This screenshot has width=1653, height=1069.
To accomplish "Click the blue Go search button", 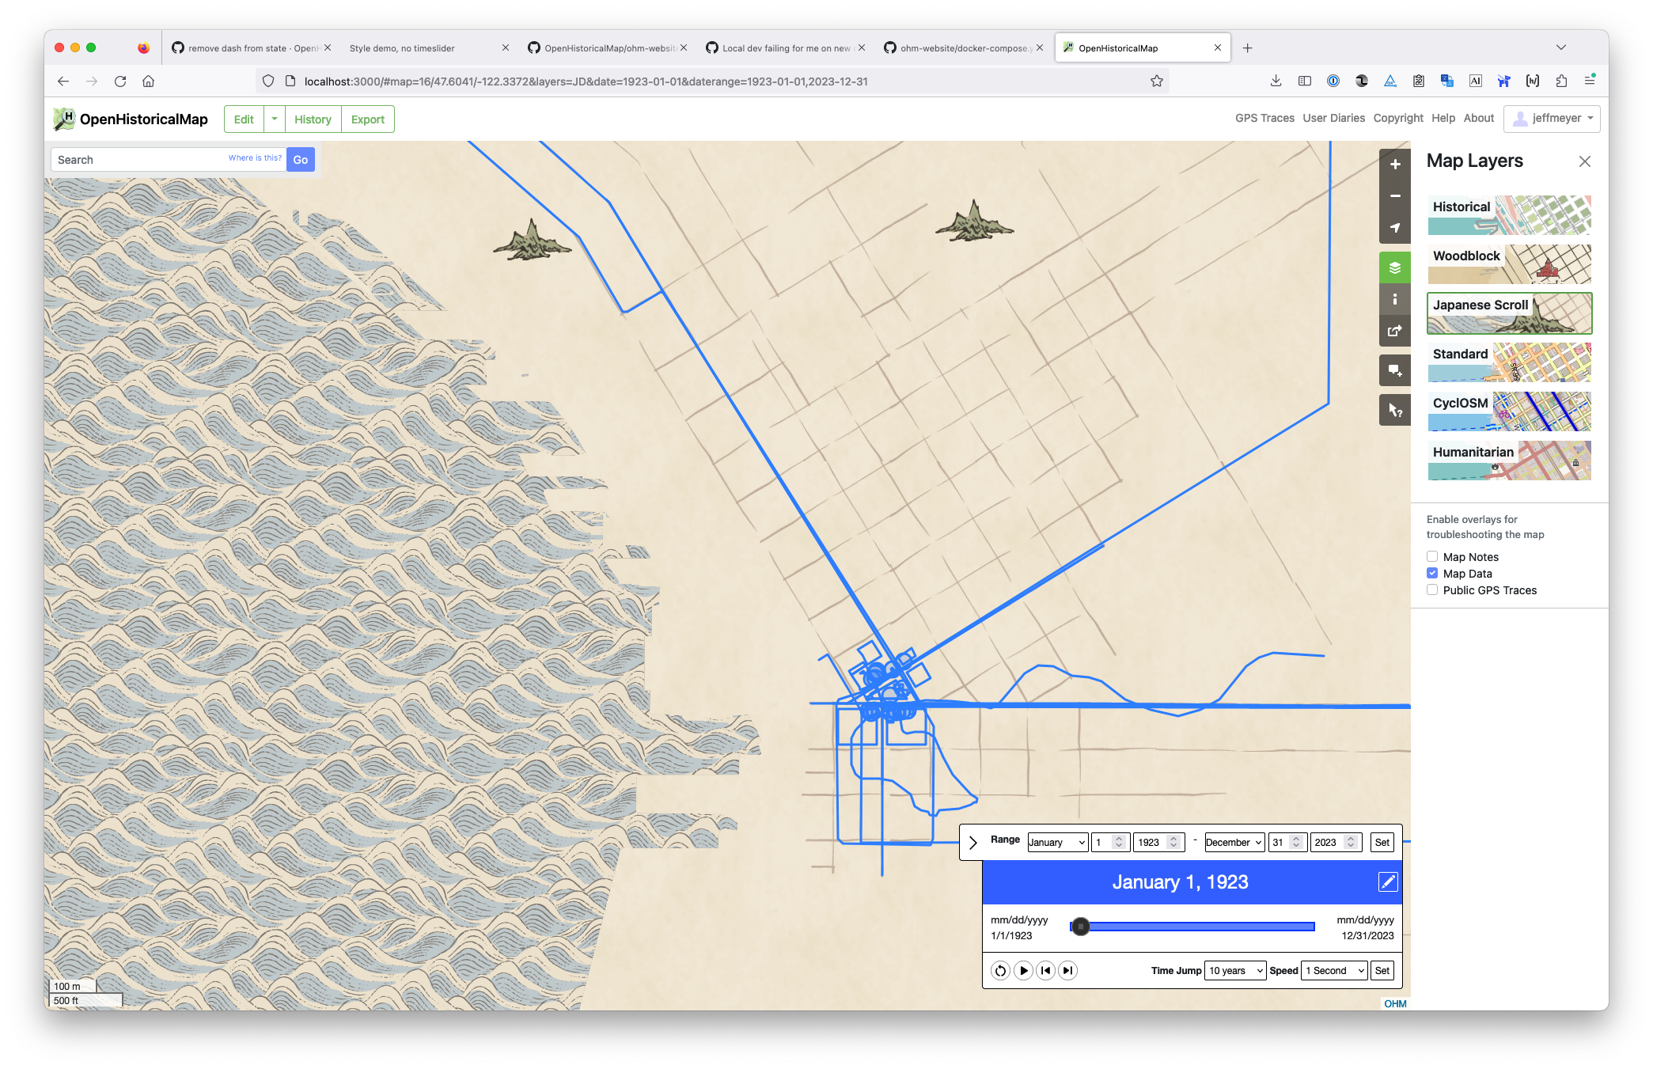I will point(300,160).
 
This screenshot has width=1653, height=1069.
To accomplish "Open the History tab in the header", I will point(313,119).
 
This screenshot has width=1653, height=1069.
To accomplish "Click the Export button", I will point(367,119).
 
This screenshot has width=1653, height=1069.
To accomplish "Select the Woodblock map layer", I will point(1508,264).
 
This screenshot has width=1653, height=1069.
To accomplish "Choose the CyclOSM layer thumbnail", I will point(1508,411).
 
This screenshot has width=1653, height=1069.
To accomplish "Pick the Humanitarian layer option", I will point(1508,461).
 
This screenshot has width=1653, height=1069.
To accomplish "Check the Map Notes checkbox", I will point(1432,557).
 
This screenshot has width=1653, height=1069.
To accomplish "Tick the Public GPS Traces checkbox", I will point(1432,590).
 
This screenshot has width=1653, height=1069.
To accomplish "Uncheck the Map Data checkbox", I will point(1432,574).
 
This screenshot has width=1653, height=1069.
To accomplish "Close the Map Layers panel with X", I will point(1584,161).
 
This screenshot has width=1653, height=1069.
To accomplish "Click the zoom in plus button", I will point(1395,165).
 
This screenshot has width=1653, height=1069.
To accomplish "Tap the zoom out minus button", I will point(1395,196).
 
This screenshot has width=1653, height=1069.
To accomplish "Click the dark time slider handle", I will point(1081,927).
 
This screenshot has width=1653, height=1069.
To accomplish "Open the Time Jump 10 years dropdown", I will point(1234,971).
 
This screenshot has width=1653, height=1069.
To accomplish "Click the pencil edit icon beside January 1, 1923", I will point(1388,882).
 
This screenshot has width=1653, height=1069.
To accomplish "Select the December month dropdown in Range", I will point(1234,843).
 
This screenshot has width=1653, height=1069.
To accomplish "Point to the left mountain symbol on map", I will point(532,242).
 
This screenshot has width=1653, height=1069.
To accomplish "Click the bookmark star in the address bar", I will point(1157,82).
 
